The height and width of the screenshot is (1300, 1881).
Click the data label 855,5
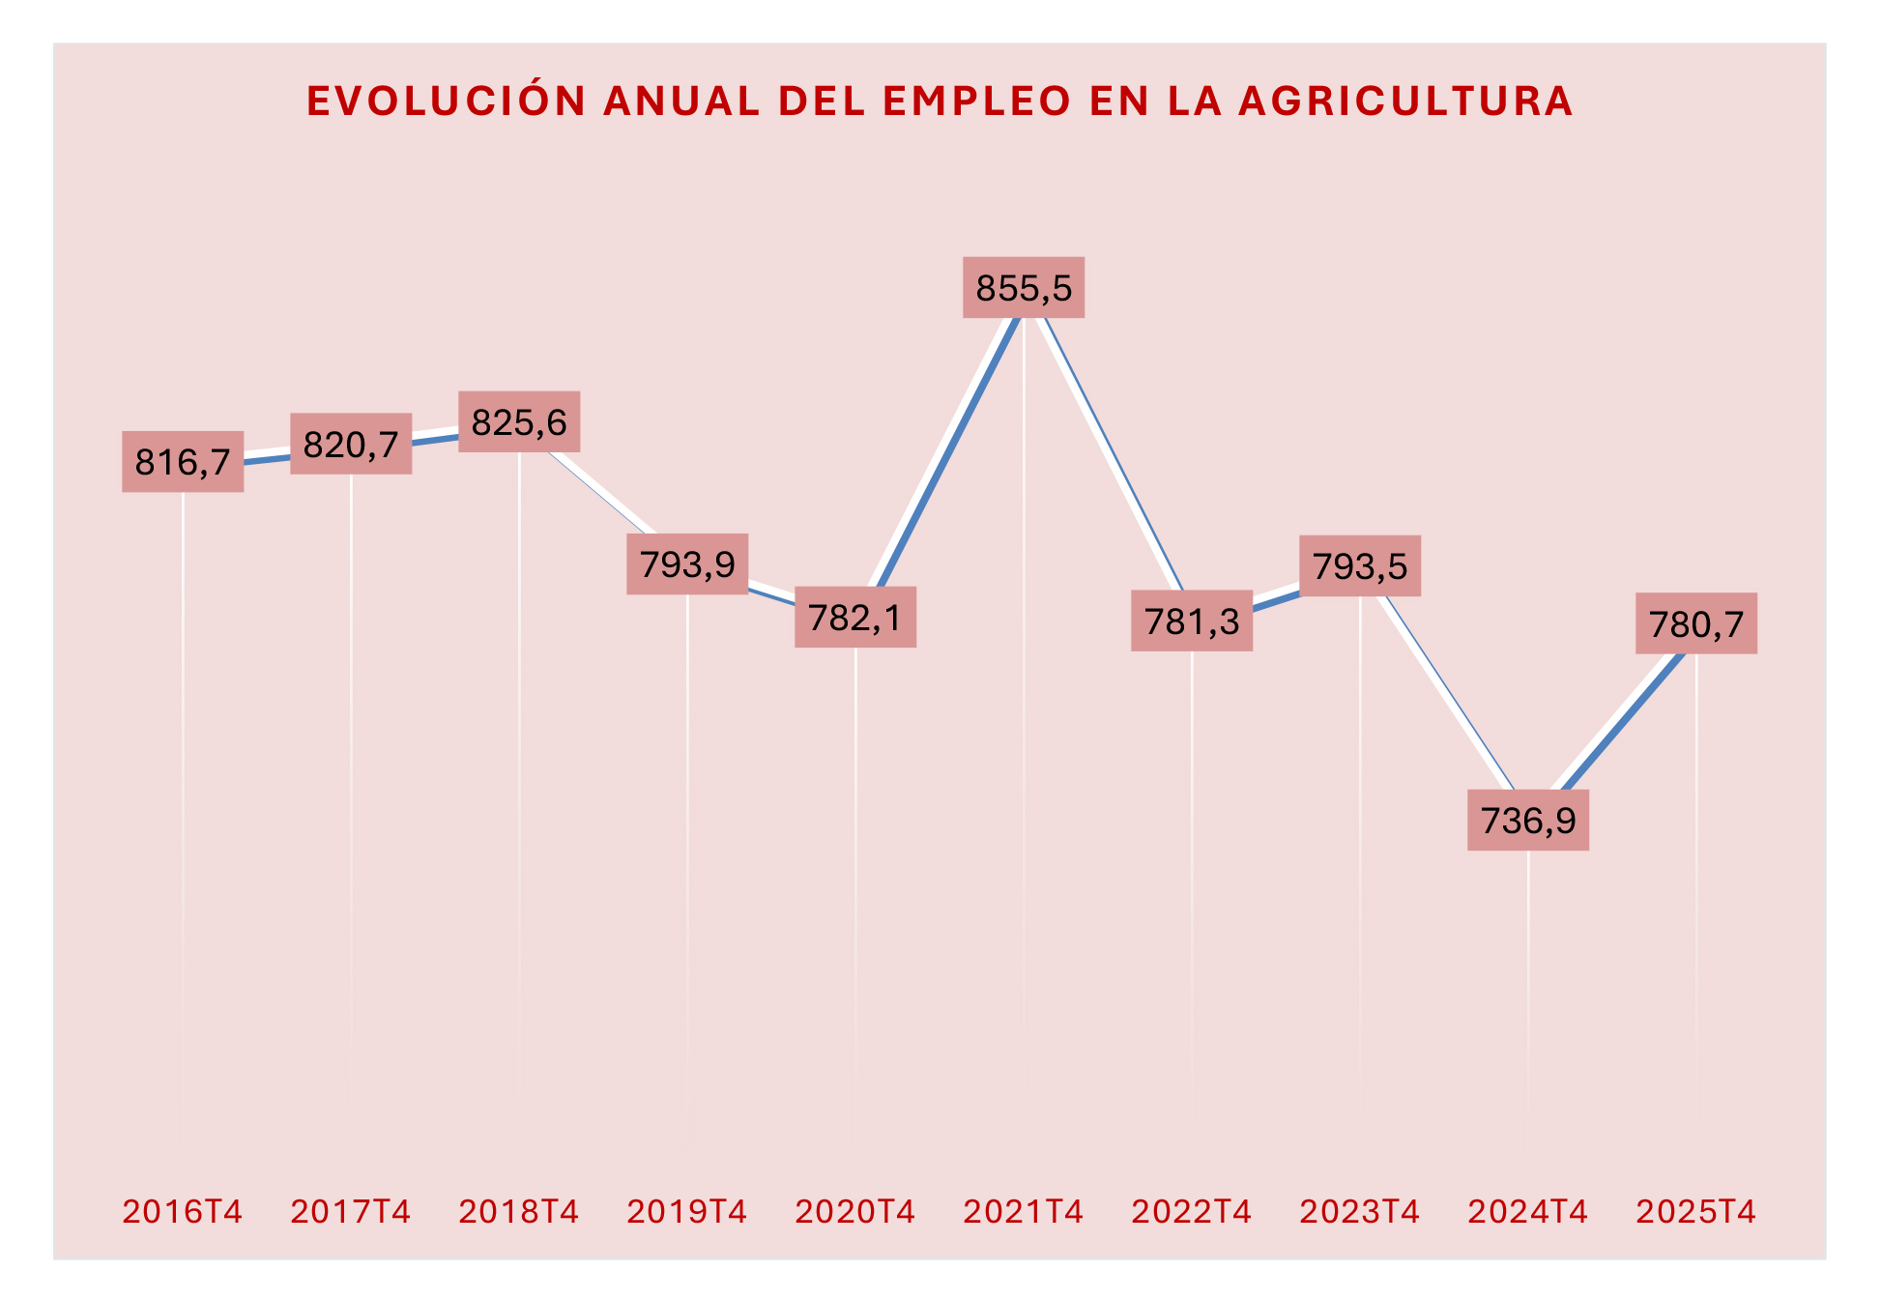[1024, 288]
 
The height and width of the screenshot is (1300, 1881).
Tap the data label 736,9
[1528, 821]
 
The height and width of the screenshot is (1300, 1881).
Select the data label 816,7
[183, 462]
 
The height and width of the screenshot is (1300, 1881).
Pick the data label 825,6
[519, 422]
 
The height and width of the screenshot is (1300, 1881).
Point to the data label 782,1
[855, 617]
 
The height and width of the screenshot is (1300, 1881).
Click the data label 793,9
[687, 563]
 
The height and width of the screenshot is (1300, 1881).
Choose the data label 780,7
[1696, 624]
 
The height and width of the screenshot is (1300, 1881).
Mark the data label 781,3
[1192, 621]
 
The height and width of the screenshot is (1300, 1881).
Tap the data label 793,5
[1360, 565]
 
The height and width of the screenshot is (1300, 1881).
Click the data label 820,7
[351, 445]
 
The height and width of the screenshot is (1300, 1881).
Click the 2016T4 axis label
[183, 1211]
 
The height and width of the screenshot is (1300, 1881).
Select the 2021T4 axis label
[1024, 1211]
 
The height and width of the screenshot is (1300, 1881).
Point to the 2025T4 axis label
[1696, 1211]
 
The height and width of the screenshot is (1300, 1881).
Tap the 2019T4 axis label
[687, 1211]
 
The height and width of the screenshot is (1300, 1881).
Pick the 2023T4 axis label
[1360, 1211]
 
